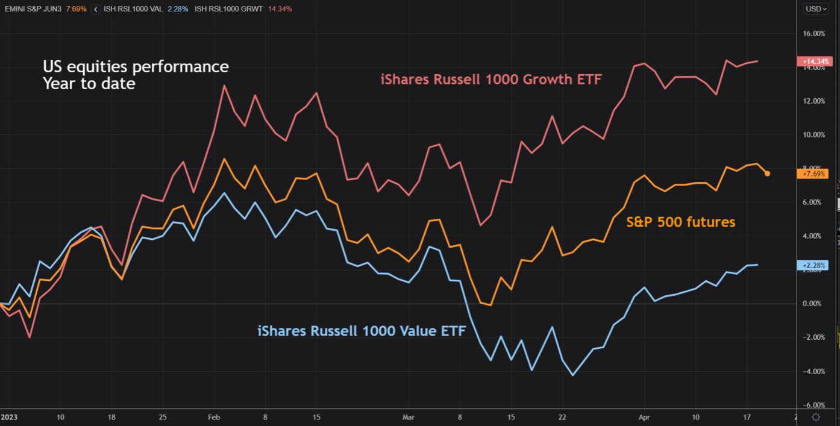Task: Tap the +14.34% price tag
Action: pos(813,61)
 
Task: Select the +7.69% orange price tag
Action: pos(813,174)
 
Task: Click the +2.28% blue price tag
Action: pos(813,265)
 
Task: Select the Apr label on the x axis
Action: pos(644,416)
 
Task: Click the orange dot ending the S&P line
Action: pos(767,174)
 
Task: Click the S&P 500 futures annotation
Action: pos(681,222)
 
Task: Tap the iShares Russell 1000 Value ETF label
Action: pos(362,331)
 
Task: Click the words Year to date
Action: pos(89,83)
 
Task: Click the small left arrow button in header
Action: pos(95,9)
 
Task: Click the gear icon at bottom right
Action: pos(816,417)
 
